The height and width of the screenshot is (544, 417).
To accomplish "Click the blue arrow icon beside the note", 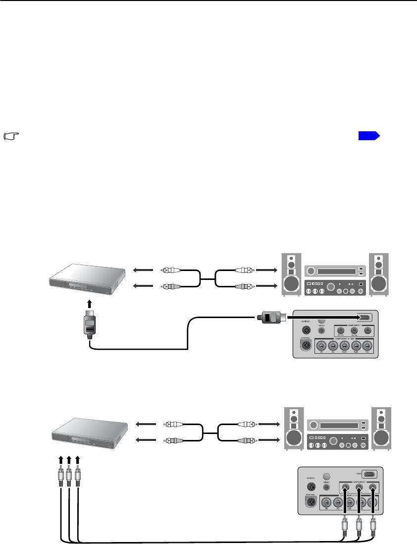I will (369, 135).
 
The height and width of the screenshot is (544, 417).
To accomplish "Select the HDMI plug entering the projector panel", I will (269, 317).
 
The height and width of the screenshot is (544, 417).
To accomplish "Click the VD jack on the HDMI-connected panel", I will (322, 347).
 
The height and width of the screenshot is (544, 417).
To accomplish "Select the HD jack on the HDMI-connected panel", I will (333, 347).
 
